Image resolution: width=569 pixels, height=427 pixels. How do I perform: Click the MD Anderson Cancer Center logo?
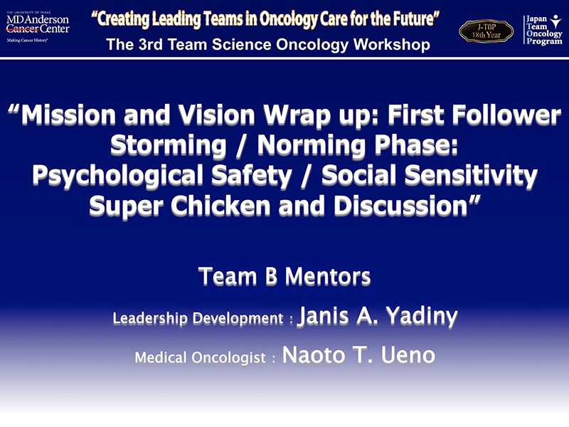point(38,27)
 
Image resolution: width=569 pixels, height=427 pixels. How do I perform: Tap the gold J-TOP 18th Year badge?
point(486,31)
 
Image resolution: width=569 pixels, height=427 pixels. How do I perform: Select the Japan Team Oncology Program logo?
point(543,30)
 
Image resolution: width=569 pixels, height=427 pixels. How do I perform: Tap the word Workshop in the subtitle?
point(392,45)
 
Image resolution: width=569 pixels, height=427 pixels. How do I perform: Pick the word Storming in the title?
point(169,145)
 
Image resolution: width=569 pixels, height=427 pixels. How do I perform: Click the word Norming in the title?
point(311,145)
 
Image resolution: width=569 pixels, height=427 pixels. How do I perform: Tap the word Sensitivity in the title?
point(471,175)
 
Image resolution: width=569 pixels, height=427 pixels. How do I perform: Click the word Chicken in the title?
point(220,206)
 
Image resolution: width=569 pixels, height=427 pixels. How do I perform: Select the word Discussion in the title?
point(400,206)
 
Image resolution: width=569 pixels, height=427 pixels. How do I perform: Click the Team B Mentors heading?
point(284,277)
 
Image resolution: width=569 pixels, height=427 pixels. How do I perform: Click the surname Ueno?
point(408,354)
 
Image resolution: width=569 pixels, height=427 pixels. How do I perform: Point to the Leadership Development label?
point(198,318)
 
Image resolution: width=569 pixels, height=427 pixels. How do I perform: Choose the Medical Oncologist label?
point(201,358)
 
